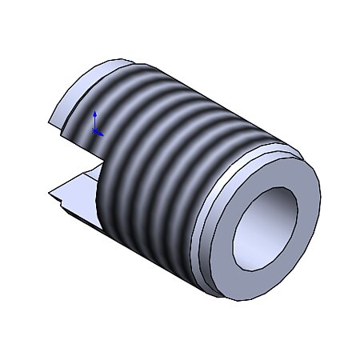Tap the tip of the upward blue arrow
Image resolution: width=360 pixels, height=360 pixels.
coord(94,112)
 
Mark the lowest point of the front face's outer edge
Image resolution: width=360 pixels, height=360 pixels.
coord(240,301)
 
